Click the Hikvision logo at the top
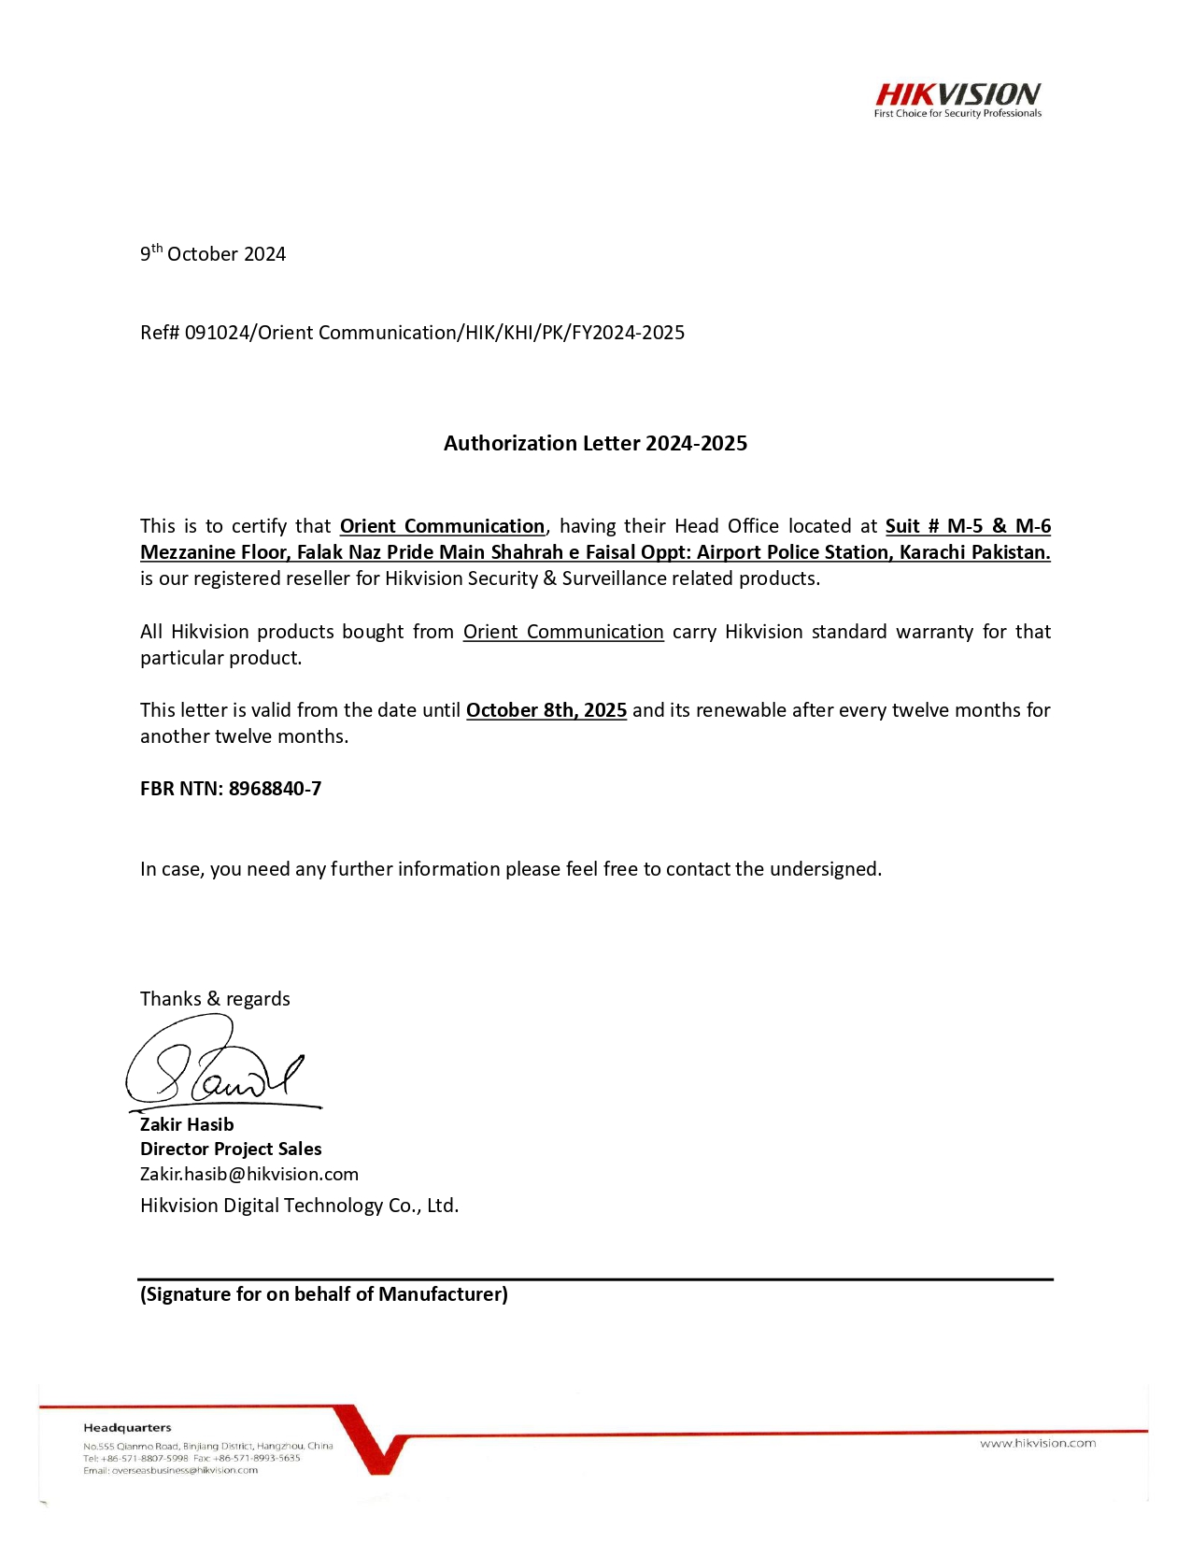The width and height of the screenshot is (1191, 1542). point(957,94)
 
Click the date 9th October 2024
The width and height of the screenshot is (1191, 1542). point(213,254)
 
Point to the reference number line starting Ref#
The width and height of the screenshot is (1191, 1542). point(412,333)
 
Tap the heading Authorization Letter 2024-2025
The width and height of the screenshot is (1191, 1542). point(595,443)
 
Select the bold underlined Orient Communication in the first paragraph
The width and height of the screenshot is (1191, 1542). point(442,526)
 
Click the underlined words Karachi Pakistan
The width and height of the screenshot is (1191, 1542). point(974,552)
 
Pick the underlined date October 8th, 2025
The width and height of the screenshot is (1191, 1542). point(546,710)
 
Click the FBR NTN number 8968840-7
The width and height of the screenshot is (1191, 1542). point(275,789)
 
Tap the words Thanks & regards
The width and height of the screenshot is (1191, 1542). point(215,999)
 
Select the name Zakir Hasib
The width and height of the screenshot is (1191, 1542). point(187,1124)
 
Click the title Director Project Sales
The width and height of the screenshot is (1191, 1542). point(231,1149)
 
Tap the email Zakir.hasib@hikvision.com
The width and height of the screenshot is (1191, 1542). point(249,1174)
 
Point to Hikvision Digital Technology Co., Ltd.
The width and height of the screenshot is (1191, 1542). point(299,1206)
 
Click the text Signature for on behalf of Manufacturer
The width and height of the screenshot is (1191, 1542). point(324,1294)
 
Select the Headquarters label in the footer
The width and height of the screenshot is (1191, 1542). point(127,1427)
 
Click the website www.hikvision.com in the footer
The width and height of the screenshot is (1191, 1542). point(1037,1443)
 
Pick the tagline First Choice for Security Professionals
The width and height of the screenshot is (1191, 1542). point(957,114)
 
